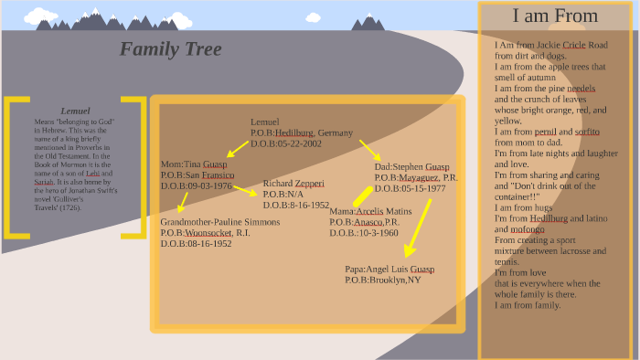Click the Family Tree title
pyautogui.click(x=170, y=48)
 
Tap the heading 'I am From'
pyautogui.click(x=555, y=16)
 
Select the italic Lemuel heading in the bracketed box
pyautogui.click(x=74, y=111)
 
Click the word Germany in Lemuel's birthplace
pyautogui.click(x=335, y=132)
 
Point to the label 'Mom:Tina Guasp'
pyautogui.click(x=194, y=164)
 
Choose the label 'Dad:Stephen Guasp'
pyautogui.click(x=411, y=166)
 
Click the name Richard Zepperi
pyautogui.click(x=293, y=184)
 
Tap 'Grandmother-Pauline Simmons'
pyautogui.click(x=219, y=222)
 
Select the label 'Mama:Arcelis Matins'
pyautogui.click(x=370, y=211)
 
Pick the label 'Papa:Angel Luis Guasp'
pyautogui.click(x=389, y=270)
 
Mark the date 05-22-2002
pyautogui.click(x=299, y=143)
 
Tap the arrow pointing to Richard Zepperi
pyautogui.click(x=244, y=190)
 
